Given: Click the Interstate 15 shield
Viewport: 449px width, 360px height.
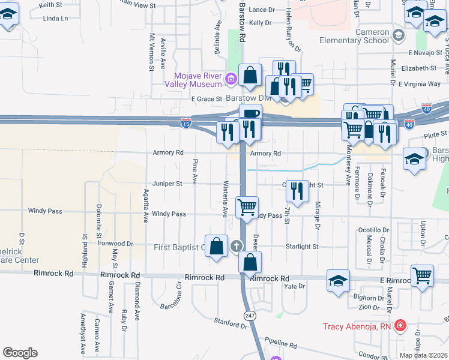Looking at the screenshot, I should pyautogui.click(x=186, y=123).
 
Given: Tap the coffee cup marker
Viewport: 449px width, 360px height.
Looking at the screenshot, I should pyautogui.click(x=250, y=114).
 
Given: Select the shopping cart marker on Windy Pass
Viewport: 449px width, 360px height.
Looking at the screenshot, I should pyautogui.click(x=247, y=208).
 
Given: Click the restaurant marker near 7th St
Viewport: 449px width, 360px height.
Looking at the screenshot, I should pyautogui.click(x=297, y=191).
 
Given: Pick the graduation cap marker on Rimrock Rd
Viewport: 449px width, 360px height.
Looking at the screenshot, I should pyautogui.click(x=339, y=280).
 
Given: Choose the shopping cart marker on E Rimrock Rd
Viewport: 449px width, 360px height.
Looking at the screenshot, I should pyautogui.click(x=423, y=276).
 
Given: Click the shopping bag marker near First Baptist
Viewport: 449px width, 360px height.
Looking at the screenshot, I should pyautogui.click(x=216, y=246).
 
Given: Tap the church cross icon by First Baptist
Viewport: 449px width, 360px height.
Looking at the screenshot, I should pyautogui.click(x=237, y=245).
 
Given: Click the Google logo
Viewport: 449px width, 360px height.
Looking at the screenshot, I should pyautogui.click(x=20, y=353).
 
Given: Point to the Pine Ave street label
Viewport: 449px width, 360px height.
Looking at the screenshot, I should pyautogui.click(x=195, y=172).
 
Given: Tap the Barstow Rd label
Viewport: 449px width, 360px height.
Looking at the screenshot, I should pyautogui.click(x=242, y=20).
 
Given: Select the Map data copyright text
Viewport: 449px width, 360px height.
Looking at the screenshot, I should pyautogui.click(x=424, y=355).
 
